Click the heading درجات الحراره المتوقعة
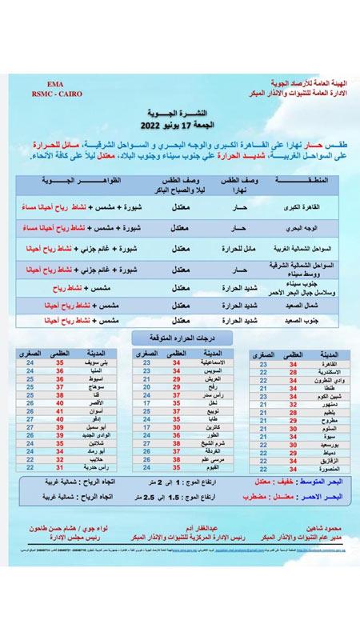coord(180,338)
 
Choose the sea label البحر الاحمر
coord(316,496)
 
